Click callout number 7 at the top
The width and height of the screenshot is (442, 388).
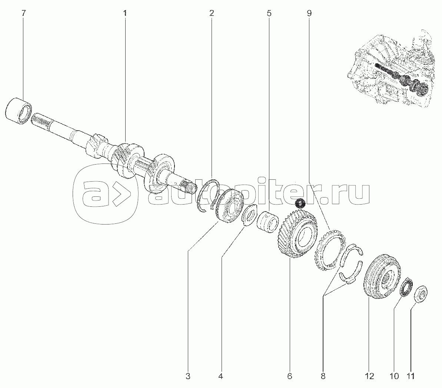(23, 13)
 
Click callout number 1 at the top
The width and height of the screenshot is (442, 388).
(124, 13)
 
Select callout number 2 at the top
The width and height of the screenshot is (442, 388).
(212, 13)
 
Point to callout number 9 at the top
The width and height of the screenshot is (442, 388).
(309, 13)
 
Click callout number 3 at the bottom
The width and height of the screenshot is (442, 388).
(188, 376)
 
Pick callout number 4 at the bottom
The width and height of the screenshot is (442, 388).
(221, 376)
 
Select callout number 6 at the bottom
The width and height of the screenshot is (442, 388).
(290, 376)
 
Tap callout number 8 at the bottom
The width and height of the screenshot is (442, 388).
(323, 376)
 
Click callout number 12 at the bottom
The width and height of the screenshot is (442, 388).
(369, 376)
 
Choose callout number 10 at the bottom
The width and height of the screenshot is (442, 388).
(394, 376)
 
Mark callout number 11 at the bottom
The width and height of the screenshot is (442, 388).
(411, 376)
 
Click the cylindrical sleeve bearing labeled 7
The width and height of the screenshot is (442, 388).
(19, 111)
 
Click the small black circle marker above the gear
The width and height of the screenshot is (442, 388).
(300, 203)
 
